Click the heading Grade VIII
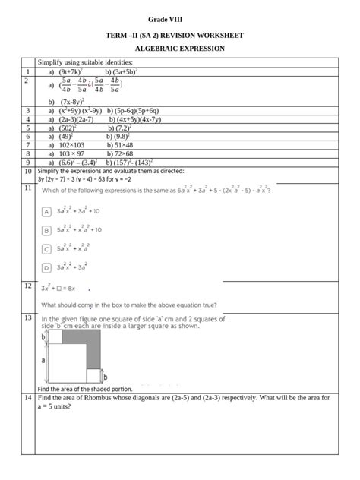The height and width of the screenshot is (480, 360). click(x=179, y=17)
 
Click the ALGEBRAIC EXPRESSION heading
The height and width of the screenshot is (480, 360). click(x=179, y=49)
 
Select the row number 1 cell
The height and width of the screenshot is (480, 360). click(x=27, y=71)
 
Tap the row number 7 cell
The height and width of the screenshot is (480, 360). click(x=27, y=144)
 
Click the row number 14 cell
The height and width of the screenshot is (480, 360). click(x=27, y=398)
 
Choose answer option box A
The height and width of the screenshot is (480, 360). click(x=46, y=211)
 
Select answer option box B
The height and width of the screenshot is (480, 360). click(x=46, y=229)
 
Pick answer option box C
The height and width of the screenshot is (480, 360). click(x=46, y=248)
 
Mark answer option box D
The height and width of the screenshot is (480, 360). click(x=46, y=267)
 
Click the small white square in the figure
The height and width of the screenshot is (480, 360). click(x=93, y=375)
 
